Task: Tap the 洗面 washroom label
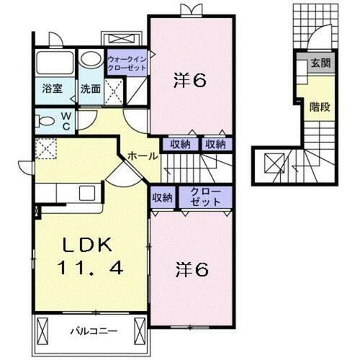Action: [x=90, y=89]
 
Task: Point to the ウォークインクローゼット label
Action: [x=126, y=63]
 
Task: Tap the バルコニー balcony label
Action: [x=90, y=331]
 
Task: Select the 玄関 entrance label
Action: [x=319, y=63]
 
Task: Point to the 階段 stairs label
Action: [x=319, y=107]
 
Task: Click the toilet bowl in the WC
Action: [x=44, y=120]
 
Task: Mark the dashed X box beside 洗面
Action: [x=112, y=90]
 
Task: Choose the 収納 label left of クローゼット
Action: [x=163, y=197]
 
